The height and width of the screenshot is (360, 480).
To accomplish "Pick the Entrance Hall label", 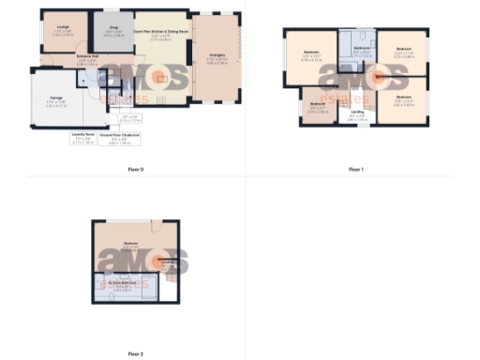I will [89, 59].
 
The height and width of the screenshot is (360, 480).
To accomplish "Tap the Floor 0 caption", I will [135, 170].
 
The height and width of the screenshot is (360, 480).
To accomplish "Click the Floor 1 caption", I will [355, 170].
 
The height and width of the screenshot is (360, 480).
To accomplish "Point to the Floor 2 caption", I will [135, 354].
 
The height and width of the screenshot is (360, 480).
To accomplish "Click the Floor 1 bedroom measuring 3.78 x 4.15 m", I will [310, 52].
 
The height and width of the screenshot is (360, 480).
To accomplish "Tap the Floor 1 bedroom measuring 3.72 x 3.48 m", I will [403, 52].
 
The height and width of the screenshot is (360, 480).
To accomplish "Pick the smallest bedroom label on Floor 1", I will [317, 105].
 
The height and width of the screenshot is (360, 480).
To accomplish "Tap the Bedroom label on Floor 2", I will [131, 246].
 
